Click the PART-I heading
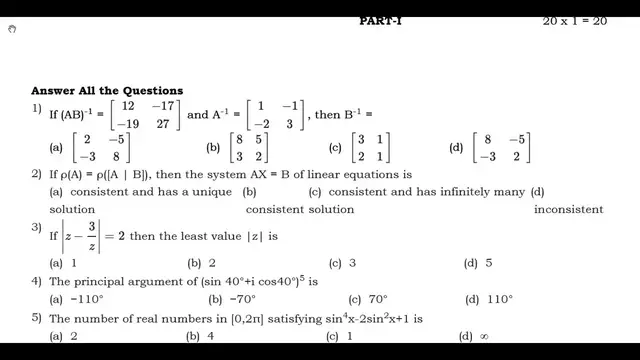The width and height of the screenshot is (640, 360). coord(382,20)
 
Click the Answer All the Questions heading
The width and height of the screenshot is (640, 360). coord(107,91)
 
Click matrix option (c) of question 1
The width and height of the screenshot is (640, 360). coord(373,148)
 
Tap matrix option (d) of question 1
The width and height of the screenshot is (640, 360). coord(503,148)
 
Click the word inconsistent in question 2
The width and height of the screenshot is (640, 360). coord(568,210)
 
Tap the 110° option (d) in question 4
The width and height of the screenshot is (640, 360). coord(498,298)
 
